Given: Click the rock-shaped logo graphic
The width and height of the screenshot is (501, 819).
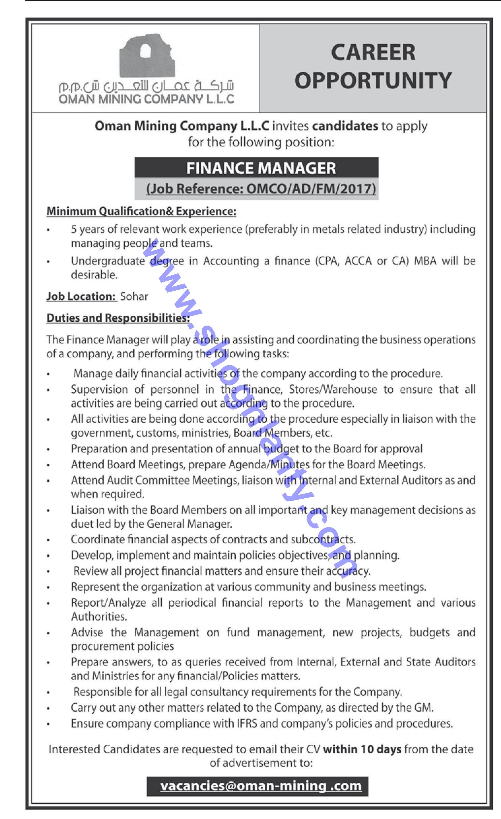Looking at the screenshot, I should point(147,57).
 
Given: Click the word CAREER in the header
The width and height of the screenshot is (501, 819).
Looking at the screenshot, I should point(373,53).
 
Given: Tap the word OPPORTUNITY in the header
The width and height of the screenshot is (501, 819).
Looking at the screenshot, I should point(373,81).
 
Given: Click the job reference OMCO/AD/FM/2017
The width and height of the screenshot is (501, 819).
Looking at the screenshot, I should point(311,189).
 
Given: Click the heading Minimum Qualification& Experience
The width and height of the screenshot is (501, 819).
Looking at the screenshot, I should point(141,211).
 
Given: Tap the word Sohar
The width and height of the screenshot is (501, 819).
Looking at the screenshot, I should point(134,296).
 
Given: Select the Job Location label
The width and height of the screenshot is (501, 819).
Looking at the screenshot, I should point(82,296).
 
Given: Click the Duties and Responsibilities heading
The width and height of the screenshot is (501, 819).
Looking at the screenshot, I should point(118,318).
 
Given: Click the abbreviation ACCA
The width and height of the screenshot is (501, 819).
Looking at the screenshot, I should point(358,261).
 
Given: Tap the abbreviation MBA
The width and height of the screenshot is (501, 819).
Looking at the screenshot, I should point(425,261).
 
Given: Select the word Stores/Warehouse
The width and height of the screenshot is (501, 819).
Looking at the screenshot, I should point(333,389).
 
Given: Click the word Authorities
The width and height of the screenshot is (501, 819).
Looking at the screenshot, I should point(99,617).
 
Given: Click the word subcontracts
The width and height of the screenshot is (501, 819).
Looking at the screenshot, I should point(323,539).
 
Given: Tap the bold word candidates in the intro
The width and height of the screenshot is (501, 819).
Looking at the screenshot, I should point(345,126).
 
